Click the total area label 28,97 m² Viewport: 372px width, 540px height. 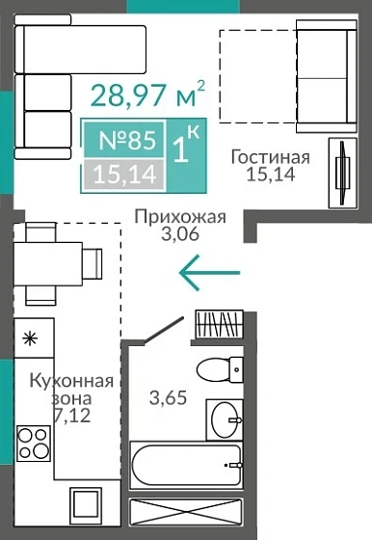146,94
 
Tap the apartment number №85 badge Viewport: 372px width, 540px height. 127,141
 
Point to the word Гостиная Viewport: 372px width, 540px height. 271,157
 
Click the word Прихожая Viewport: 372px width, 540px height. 180,216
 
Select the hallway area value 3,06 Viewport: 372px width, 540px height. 180,234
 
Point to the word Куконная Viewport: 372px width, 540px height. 71,380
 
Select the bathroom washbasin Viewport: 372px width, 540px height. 230,419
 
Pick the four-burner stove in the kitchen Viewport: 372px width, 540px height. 34,445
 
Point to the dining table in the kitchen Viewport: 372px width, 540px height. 48,261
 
